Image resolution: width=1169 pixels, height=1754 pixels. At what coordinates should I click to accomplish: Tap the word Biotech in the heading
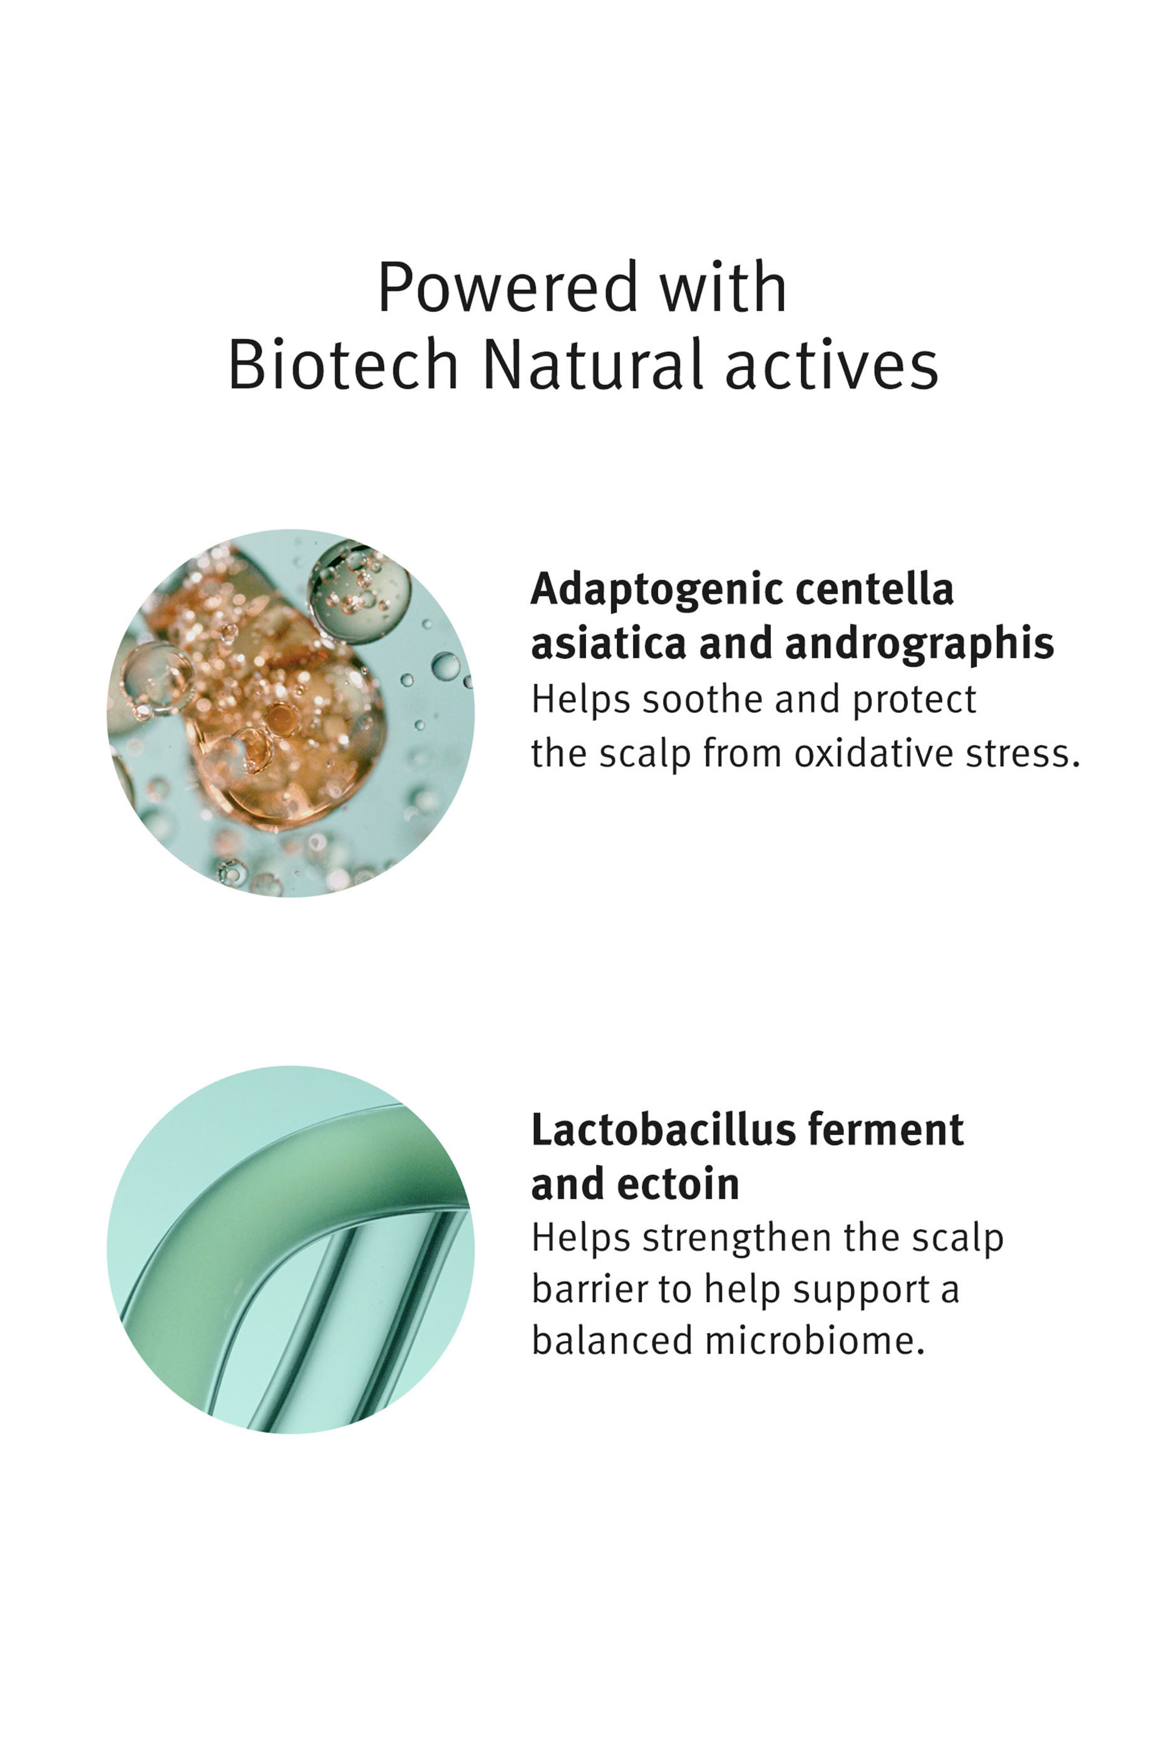coord(343,365)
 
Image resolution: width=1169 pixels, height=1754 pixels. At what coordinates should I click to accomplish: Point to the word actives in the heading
coord(832,365)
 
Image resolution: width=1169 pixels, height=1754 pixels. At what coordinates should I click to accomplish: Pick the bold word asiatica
coord(607,645)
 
